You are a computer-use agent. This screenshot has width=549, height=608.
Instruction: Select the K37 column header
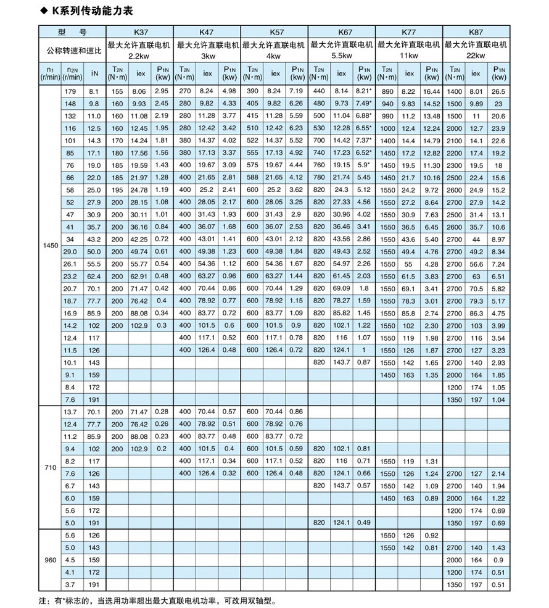[x=140, y=31]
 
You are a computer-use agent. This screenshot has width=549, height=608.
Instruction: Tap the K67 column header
[x=342, y=31]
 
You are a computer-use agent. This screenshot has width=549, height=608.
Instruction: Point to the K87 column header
[x=476, y=31]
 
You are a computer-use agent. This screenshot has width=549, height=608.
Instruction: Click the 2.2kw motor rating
[x=140, y=56]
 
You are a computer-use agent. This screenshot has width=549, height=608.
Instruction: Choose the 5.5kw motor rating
[x=342, y=56]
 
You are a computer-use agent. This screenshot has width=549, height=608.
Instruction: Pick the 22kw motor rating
[x=476, y=56]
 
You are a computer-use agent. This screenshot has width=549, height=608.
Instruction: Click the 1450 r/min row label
[x=50, y=246]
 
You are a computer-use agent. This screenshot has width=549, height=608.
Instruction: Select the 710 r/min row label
[x=50, y=467]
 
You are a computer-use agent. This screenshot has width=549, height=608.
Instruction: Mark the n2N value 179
[x=72, y=91]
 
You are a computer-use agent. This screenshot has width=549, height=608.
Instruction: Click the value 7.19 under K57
[x=296, y=91]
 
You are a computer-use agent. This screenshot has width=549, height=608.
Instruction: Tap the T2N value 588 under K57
[x=252, y=177]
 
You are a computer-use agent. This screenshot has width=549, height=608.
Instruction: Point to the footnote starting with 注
[x=155, y=600]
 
